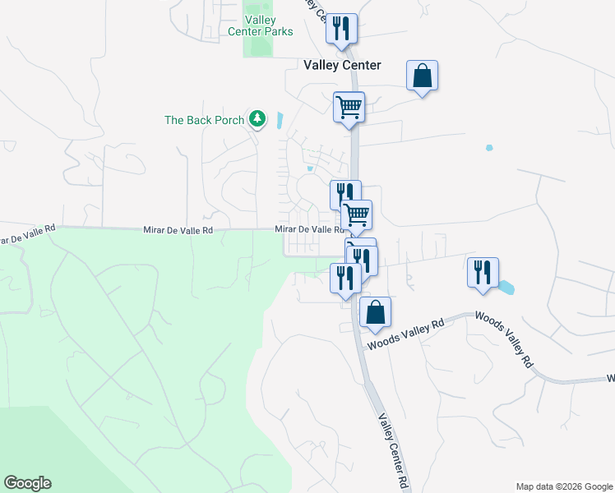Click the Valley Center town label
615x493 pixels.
pos(342,65)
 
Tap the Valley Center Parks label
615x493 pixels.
pos(268,26)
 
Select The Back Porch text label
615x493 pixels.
pos(204,120)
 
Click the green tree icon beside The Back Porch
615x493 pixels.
pos(258,120)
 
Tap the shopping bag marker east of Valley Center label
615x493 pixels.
pos(422,76)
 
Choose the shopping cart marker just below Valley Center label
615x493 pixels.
pos(349,107)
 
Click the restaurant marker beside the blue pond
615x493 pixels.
pos(483,272)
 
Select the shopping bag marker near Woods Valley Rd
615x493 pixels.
pos(375,312)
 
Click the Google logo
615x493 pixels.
pos(27,483)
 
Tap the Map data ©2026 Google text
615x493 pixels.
pos(563,486)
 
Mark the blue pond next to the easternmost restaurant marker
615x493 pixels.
pos(506,288)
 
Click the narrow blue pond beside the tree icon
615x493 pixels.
pos(280,122)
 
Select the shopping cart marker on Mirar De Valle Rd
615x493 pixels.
pos(356,214)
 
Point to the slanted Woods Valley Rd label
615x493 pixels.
pos(504,337)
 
